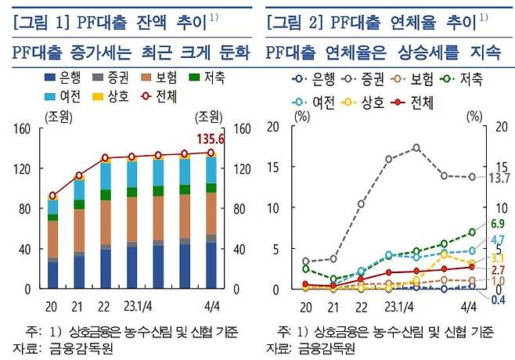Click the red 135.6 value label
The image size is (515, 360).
point(221,139)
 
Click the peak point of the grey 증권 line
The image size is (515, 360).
point(416,147)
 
